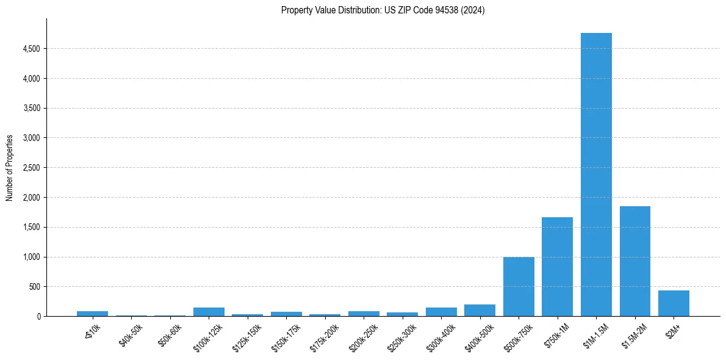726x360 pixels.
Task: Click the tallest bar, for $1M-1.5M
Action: click(596, 175)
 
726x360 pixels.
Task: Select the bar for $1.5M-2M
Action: click(634, 261)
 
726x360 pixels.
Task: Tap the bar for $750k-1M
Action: click(557, 267)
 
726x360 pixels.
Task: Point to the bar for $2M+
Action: click(674, 303)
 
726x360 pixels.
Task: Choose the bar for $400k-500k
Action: click(480, 310)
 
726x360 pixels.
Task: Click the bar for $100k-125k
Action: click(209, 312)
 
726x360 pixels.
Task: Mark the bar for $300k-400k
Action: click(441, 312)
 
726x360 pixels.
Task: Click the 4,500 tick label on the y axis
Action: click(31, 49)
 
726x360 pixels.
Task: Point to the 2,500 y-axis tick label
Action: click(31, 168)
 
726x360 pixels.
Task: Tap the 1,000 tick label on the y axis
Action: click(31, 257)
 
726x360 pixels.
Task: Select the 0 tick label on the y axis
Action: click(38, 317)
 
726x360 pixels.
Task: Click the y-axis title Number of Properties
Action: click(10, 168)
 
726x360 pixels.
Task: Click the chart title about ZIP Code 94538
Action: click(383, 10)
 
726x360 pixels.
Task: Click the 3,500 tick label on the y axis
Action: click(31, 108)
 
